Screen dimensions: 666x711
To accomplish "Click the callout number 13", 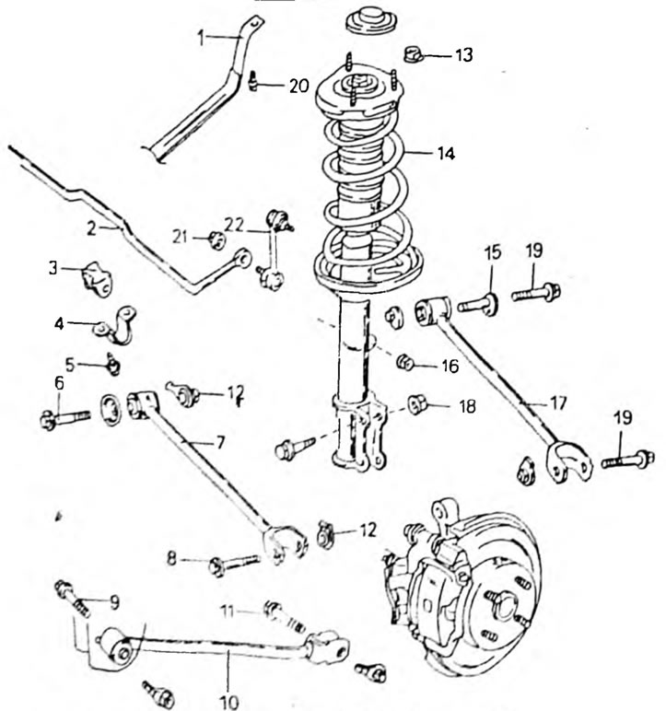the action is click(463, 55).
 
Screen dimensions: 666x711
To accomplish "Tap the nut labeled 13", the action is click(413, 54).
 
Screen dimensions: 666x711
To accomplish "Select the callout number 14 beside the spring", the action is click(446, 154).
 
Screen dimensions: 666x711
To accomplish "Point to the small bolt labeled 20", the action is click(253, 81).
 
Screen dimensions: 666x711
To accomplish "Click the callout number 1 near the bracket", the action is click(202, 38).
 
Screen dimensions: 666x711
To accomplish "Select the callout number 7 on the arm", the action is click(220, 442).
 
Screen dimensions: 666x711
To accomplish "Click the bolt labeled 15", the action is click(478, 304).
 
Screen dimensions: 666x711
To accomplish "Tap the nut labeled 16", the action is click(405, 362).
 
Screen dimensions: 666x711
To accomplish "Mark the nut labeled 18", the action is click(416, 405).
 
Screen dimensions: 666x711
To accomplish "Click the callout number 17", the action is click(558, 402).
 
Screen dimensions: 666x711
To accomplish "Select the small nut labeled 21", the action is click(216, 239).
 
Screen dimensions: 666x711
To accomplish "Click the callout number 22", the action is click(235, 226).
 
